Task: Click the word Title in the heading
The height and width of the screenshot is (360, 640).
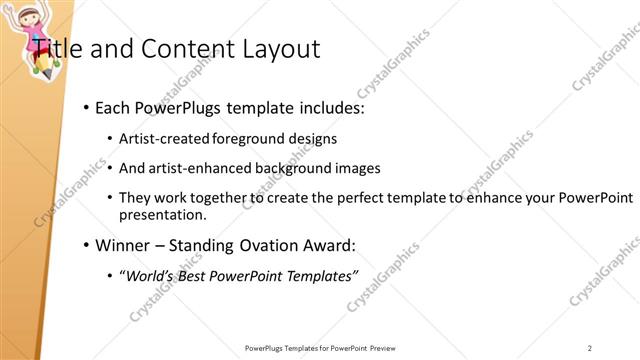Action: point(57,48)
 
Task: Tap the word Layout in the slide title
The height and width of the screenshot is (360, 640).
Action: point(281,48)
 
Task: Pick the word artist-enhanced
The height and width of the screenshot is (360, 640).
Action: point(199,168)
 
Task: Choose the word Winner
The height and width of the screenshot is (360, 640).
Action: point(122,244)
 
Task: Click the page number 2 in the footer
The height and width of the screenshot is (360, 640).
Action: point(591,348)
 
